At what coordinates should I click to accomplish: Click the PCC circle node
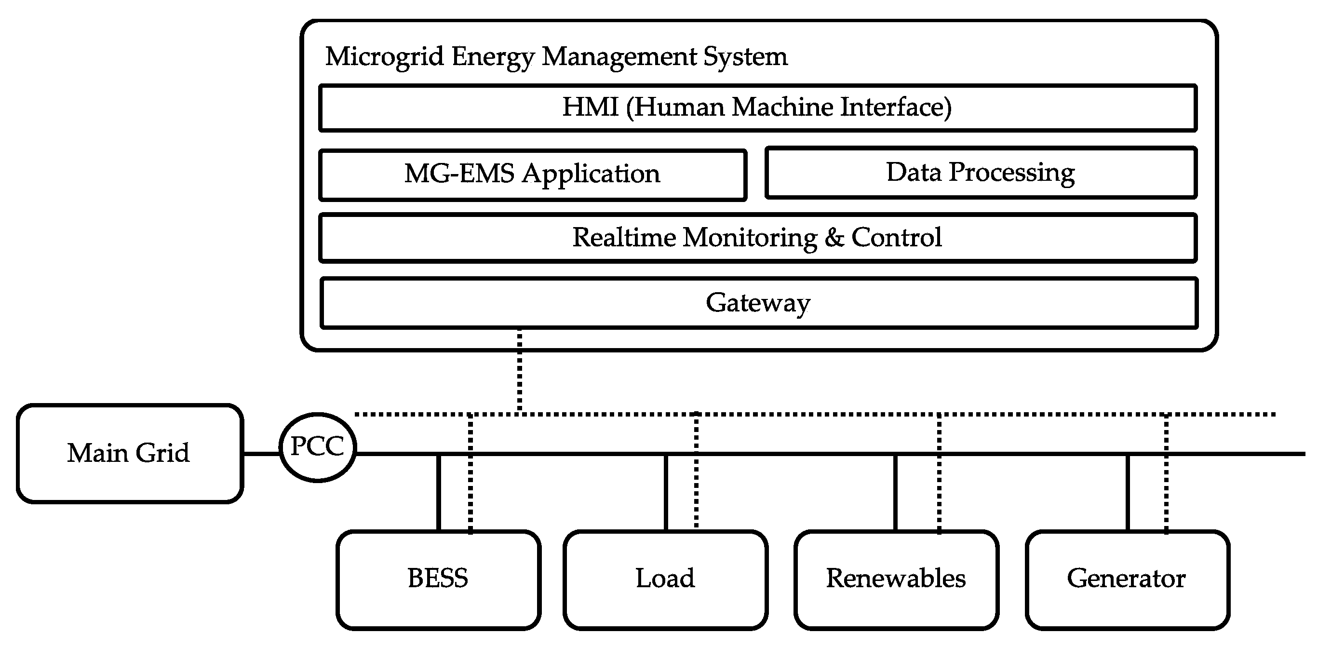click(317, 447)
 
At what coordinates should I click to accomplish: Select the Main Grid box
click(130, 454)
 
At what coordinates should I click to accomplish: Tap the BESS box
click(438, 580)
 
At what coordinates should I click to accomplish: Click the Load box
click(665, 580)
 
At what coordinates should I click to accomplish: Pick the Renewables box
click(896, 580)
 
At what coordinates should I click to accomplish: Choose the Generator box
click(1127, 580)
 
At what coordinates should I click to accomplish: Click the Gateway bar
click(758, 303)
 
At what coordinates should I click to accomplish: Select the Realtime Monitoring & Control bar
click(757, 238)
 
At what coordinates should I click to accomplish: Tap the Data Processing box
click(981, 173)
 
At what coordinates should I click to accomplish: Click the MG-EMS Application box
click(532, 175)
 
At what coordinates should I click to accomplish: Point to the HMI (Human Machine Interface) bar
click(757, 108)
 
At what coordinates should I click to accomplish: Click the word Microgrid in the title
click(385, 56)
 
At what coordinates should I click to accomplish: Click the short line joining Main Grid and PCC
click(261, 454)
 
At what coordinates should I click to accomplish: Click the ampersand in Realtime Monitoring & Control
click(834, 238)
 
